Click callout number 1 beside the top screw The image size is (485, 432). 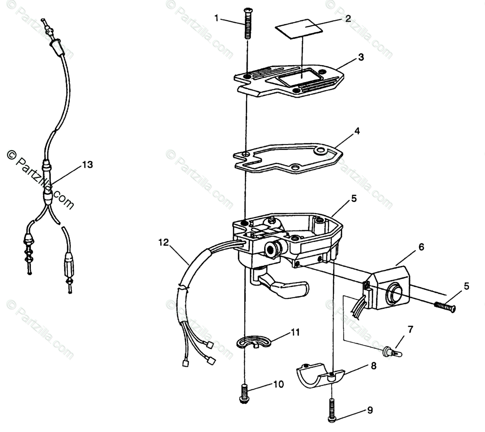[217, 18]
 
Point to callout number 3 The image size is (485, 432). [360, 57]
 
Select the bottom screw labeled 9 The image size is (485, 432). [332, 409]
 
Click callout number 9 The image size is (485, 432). [370, 410]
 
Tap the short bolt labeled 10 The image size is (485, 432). [244, 393]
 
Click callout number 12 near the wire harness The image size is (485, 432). [163, 243]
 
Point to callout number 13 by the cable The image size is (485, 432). [87, 165]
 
